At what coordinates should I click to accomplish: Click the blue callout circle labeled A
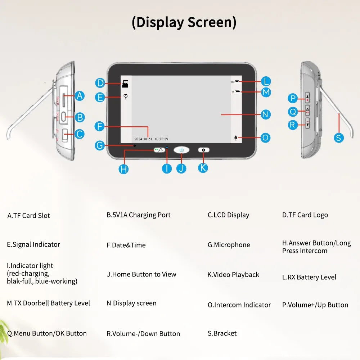click(x=80, y=96)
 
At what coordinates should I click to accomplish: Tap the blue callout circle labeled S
click(x=339, y=137)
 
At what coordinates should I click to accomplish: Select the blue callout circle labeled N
click(x=265, y=114)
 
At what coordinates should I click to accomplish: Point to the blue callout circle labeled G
click(x=100, y=145)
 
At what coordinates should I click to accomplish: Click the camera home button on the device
click(x=181, y=150)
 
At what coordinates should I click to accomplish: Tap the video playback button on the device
click(x=203, y=150)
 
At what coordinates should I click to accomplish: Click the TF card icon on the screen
click(x=125, y=84)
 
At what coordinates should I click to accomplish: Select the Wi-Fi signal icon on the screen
click(x=125, y=97)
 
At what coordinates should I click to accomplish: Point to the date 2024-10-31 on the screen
click(x=143, y=139)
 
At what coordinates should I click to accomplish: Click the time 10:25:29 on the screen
click(x=161, y=139)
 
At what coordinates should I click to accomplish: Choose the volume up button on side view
click(x=307, y=98)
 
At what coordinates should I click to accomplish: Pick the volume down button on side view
click(x=307, y=125)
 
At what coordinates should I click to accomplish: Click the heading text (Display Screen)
click(x=184, y=22)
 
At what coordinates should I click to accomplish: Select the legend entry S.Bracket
click(x=222, y=333)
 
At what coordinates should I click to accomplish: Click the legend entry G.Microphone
click(x=229, y=245)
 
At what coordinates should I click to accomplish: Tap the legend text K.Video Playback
click(x=233, y=275)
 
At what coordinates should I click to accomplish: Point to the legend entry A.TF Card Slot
click(x=29, y=216)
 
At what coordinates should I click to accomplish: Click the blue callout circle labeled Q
click(x=293, y=112)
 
